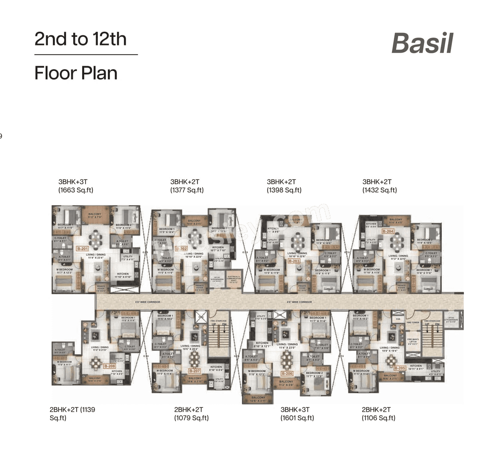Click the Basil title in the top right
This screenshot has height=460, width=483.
tap(422, 43)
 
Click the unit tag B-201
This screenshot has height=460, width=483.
tap(82, 249)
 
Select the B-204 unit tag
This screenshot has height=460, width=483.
tap(388, 231)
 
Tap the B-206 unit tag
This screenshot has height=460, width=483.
tap(287, 374)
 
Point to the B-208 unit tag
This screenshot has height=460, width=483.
tap(109, 366)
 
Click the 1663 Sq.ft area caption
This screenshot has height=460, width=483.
tap(75, 190)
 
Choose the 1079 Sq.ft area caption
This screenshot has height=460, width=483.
tap(191, 418)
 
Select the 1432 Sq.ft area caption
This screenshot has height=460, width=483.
tap(380, 190)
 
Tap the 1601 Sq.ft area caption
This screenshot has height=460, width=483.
tap(297, 418)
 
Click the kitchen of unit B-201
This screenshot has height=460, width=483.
tap(123, 275)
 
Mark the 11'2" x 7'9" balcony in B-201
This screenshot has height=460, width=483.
tap(95, 215)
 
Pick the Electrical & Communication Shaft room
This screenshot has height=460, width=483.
tap(234, 279)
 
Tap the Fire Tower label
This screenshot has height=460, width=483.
tap(413, 323)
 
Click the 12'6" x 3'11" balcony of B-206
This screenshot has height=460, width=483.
tap(258, 399)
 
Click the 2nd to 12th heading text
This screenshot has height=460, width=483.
tap(80, 39)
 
